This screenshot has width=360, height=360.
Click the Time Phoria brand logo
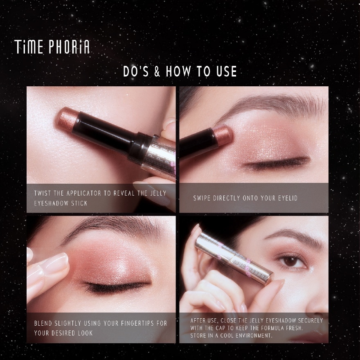(52, 47)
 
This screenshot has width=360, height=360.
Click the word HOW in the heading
(180, 72)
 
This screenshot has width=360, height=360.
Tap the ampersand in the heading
(157, 72)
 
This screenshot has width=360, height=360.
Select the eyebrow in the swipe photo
(270, 103)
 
